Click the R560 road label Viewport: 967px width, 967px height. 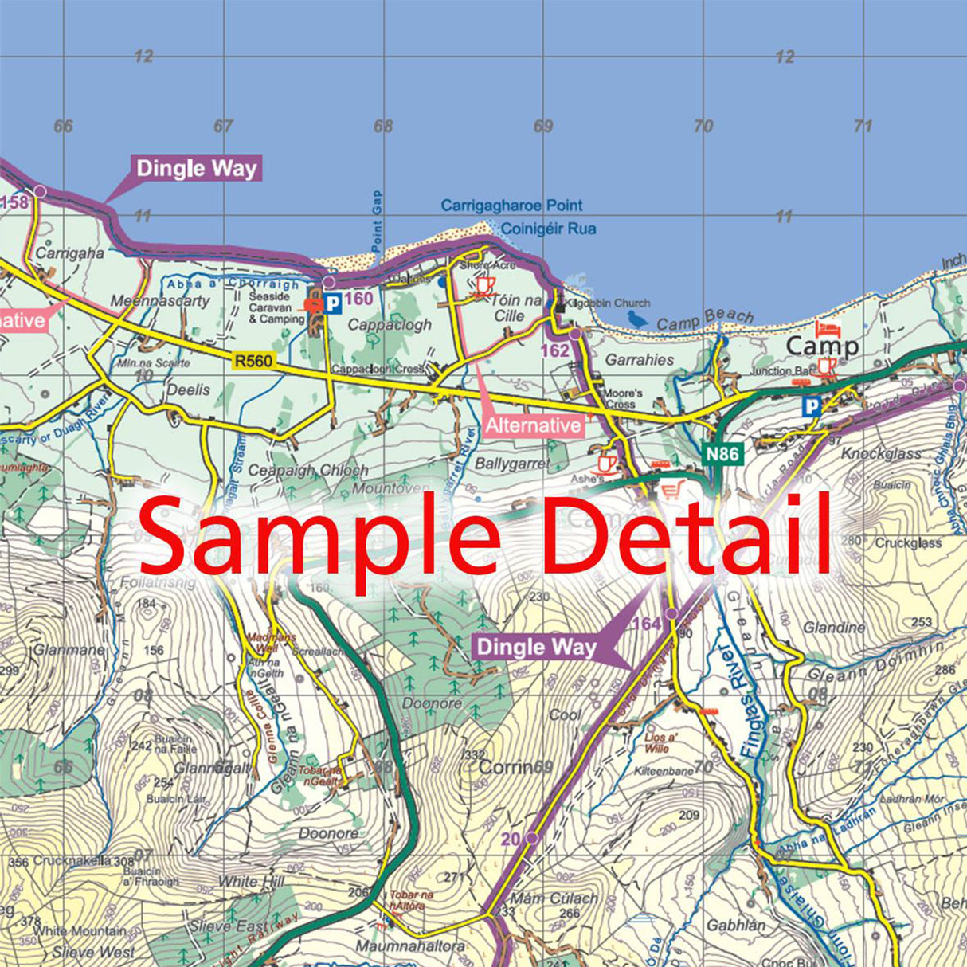tap(253, 362)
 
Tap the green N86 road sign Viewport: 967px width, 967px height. tap(722, 454)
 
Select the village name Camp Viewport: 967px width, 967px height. tap(822, 346)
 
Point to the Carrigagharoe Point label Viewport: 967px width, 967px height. tap(511, 206)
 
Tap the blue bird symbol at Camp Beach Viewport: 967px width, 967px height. tap(637, 319)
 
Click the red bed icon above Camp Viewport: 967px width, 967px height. tap(827, 328)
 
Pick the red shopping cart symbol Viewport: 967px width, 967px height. tap(673, 490)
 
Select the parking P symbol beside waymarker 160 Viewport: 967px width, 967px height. tap(332, 303)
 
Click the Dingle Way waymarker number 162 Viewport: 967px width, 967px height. tap(554, 350)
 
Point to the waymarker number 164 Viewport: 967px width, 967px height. tap(647, 624)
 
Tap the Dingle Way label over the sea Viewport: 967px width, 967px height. tap(197, 169)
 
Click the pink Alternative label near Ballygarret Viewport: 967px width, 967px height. tap(533, 425)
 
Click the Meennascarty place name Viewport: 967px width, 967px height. tap(160, 301)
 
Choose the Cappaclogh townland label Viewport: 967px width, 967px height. tap(390, 325)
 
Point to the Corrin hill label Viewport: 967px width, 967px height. tap(505, 767)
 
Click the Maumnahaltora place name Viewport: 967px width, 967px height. tap(409, 946)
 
